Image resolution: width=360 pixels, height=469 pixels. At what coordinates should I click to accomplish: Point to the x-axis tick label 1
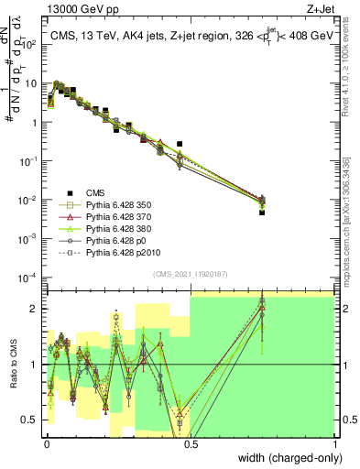pos(335,443)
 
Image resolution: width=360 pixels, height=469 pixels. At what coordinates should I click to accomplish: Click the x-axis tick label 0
pos(47,443)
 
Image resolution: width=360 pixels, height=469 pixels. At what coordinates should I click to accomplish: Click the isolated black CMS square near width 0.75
pos(262,212)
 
